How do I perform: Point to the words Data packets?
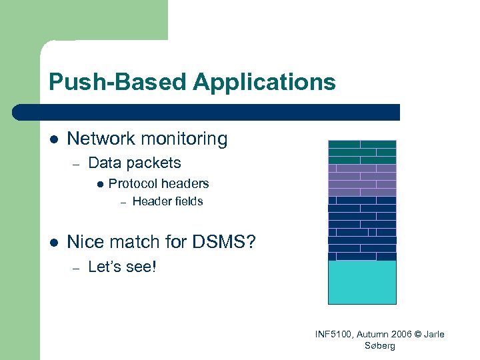click(x=134, y=163)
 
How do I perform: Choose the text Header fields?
click(x=167, y=201)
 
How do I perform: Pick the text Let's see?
click(x=121, y=267)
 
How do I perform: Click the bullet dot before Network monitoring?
click(x=54, y=139)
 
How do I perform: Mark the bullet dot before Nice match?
click(x=54, y=242)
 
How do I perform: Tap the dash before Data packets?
click(x=77, y=163)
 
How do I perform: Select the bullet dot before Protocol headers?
click(x=99, y=184)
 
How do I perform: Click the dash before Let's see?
click(x=77, y=268)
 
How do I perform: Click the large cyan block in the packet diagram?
click(x=362, y=282)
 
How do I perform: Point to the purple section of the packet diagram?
click(x=362, y=180)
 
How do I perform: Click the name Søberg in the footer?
click(x=380, y=345)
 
